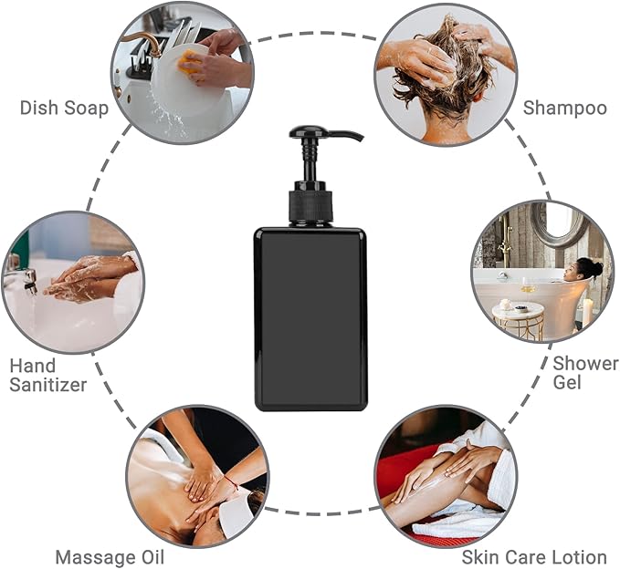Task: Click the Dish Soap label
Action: click(x=64, y=108)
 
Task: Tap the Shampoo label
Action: click(x=564, y=108)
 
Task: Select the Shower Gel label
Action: click(x=585, y=372)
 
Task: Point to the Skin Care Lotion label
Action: click(x=534, y=556)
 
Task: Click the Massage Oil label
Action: click(x=110, y=556)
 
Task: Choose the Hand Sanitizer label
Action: click(x=47, y=375)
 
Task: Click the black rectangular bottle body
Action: click(x=310, y=319)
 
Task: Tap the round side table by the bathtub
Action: click(x=518, y=320)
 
